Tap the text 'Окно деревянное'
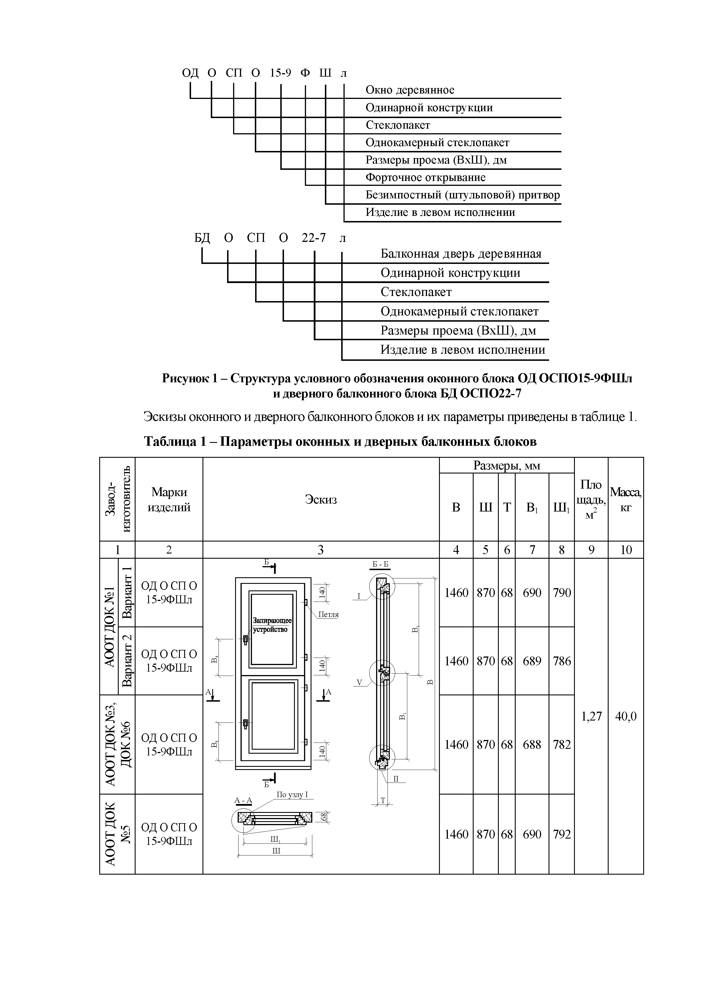coord(410,90)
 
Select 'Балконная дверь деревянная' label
coord(460,254)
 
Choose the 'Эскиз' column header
coord(321,499)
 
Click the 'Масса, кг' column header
coord(625,499)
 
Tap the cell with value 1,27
coord(591,716)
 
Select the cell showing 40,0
coord(625,716)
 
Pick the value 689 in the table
coord(532,661)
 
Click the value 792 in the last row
coord(561,834)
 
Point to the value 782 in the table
coord(561,744)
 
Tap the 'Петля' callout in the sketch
coord(328,614)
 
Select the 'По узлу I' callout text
coord(292,795)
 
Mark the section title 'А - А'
coord(243,800)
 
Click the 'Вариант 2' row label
coord(127,660)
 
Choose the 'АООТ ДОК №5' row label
coord(117,834)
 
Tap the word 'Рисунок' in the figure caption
coord(184,378)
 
